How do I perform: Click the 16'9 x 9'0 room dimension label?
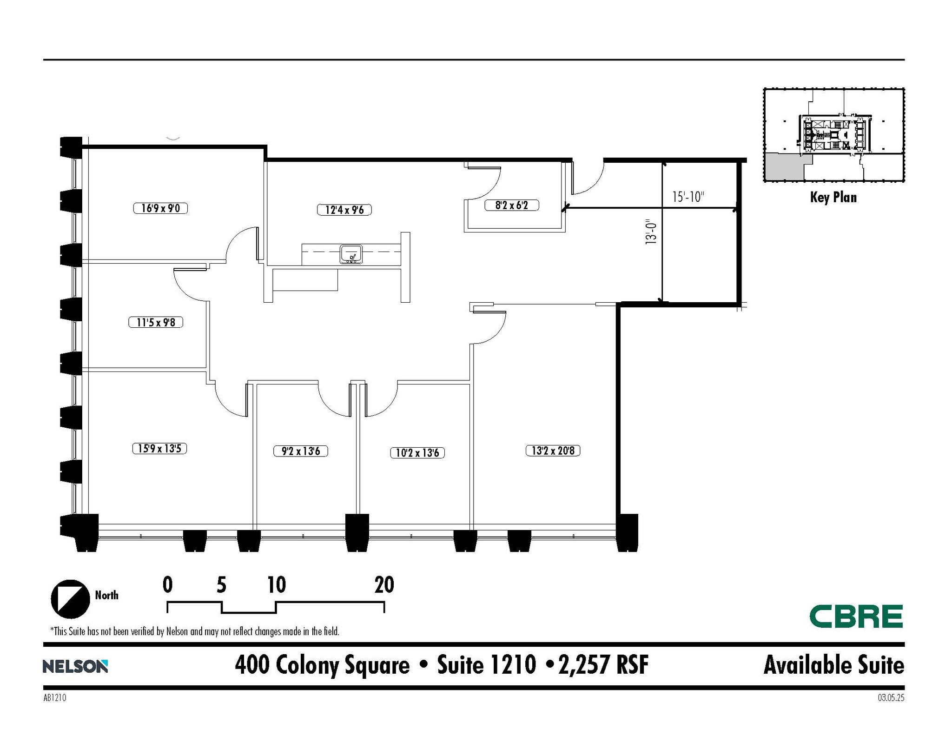[x=160, y=208]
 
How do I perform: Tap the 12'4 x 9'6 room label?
[x=344, y=210]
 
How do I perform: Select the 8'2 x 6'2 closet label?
[x=511, y=205]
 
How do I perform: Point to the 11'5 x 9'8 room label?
[x=156, y=322]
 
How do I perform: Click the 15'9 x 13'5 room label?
[x=159, y=448]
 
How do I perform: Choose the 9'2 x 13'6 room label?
[x=301, y=451]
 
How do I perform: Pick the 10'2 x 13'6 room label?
[x=417, y=452]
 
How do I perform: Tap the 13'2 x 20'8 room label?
[x=553, y=451]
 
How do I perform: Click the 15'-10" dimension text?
[x=688, y=197]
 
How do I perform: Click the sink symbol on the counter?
[x=351, y=254]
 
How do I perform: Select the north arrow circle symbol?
[x=70, y=599]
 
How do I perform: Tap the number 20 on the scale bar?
[x=384, y=585]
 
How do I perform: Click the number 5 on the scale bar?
[x=221, y=585]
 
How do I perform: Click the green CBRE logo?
[x=856, y=617]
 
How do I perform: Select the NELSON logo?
[x=75, y=666]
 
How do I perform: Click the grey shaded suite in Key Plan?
[x=783, y=168]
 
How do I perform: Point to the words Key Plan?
[x=833, y=197]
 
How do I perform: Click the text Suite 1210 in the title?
[x=486, y=665]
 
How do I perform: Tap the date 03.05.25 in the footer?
[x=891, y=698]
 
